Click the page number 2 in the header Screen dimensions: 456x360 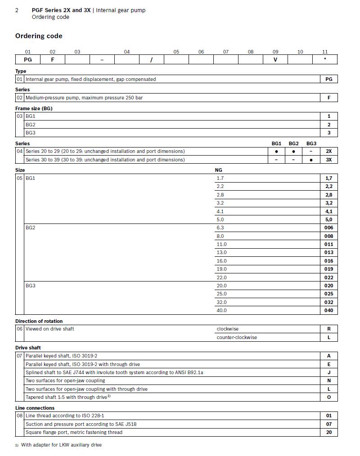click(17, 10)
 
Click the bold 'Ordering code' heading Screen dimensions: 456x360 click(39, 36)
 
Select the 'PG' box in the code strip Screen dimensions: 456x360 click(27, 59)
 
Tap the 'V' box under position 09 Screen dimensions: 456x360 click(275, 59)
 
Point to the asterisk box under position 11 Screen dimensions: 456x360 click(325, 59)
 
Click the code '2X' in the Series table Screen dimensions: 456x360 click(329, 152)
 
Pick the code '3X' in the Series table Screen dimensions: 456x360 click(329, 160)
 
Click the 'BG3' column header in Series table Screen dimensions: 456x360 click(311, 143)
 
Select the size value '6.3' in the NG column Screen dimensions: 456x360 click(220, 228)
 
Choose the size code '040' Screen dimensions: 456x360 click(329, 310)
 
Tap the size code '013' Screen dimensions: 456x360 click(329, 252)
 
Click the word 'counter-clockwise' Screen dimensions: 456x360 click(237, 337)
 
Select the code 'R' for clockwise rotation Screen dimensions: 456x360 click(329, 329)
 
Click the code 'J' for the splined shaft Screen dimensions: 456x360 click(329, 372)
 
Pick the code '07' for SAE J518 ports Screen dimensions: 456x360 click(329, 424)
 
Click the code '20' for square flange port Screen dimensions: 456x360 click(329, 432)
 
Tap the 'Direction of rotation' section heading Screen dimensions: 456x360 click(39, 321)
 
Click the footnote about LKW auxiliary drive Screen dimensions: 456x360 click(61, 445)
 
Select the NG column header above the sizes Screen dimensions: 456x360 click(219, 170)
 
